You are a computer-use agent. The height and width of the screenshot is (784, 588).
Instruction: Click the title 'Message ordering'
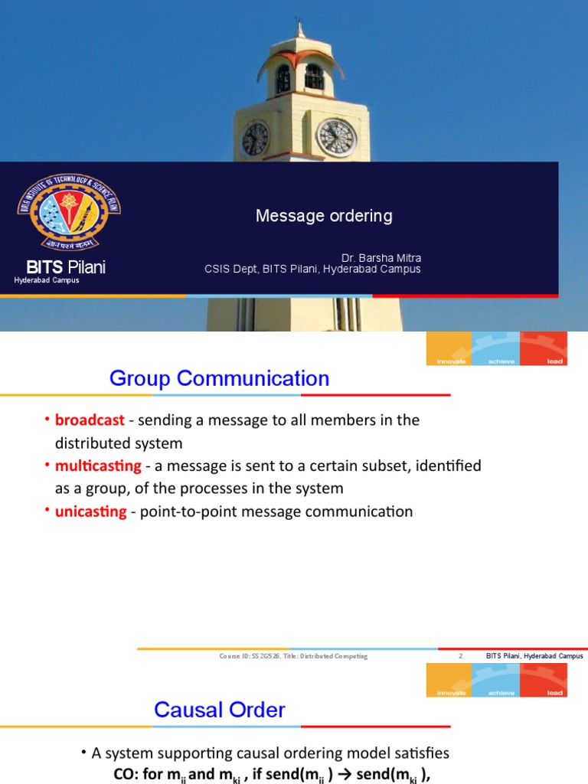point(324,216)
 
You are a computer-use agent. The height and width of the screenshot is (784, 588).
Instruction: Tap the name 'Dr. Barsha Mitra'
point(381,258)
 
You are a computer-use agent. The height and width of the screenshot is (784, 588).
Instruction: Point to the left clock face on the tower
point(255,139)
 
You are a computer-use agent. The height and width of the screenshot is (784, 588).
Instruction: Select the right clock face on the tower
point(336,138)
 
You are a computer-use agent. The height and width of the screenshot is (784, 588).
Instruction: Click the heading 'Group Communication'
point(219,378)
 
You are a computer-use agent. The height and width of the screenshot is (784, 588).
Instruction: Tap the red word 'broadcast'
point(90,420)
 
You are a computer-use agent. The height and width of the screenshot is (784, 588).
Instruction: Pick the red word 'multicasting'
point(98,465)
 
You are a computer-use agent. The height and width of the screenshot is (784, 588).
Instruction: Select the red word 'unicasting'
point(90,511)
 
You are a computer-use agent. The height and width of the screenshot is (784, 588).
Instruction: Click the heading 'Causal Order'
point(220,710)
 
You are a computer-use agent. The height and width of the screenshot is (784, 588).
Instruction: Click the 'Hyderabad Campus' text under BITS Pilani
point(47,281)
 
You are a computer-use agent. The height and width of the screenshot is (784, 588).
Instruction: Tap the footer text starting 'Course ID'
point(293,656)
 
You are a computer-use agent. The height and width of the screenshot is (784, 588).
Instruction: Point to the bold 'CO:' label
point(127,775)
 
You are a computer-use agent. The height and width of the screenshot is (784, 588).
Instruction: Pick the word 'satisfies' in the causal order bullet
point(420,753)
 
